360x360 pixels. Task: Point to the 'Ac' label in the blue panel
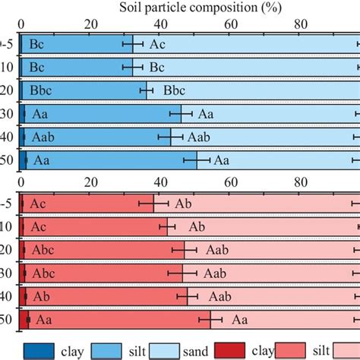tap(156, 45)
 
